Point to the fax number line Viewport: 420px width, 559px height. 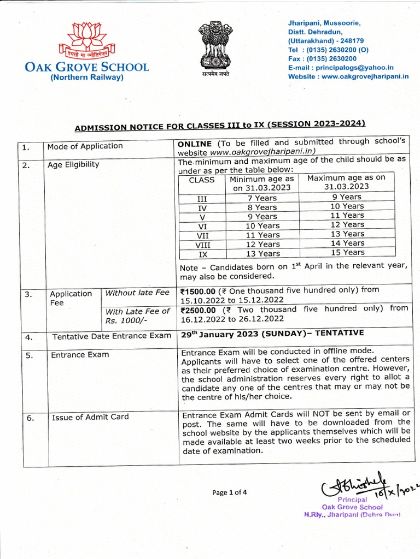pyautogui.click(x=322, y=58)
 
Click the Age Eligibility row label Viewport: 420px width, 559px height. pyautogui.click(x=73, y=164)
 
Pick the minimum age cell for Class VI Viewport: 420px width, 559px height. pyautogui.click(x=262, y=225)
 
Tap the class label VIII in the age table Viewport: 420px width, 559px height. pyautogui.click(x=203, y=245)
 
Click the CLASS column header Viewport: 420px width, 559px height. pyautogui.click(x=202, y=180)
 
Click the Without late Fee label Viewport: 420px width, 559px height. pyautogui.click(x=137, y=293)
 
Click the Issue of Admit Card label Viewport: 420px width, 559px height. pyautogui.click(x=90, y=417)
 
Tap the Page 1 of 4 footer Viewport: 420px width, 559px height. pyautogui.click(x=230, y=492)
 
